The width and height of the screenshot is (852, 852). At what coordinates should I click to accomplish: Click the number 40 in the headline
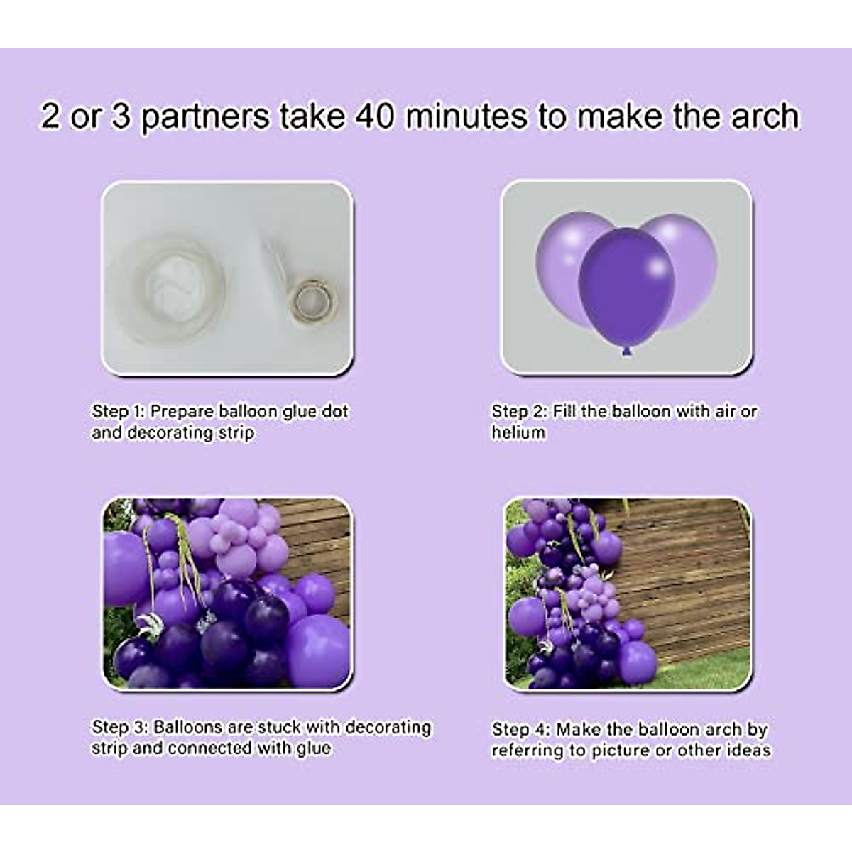(x=376, y=116)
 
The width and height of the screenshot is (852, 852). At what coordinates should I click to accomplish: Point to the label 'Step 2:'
(x=520, y=412)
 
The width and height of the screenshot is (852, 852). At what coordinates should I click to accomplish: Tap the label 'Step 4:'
(x=520, y=730)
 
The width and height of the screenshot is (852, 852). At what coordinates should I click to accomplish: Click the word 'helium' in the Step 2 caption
(x=518, y=432)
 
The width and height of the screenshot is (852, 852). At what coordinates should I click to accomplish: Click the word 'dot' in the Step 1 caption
(x=335, y=412)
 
